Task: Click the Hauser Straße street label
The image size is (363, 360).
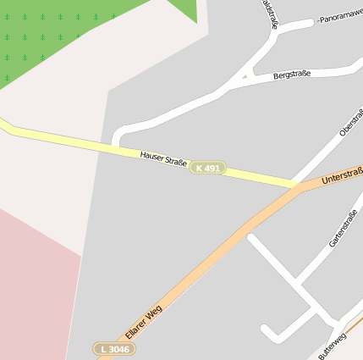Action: coord(163,158)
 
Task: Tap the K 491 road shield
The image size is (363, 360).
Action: coord(206,169)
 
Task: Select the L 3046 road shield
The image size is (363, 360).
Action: coord(113,349)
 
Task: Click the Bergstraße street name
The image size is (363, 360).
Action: coord(292,75)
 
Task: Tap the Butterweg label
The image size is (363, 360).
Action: coord(333,345)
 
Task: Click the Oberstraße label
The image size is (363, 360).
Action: coord(350,122)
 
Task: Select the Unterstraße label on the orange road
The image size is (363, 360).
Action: coord(342,177)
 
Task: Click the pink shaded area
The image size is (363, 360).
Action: coord(34,288)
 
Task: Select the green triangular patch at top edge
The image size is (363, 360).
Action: coord(185,9)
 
